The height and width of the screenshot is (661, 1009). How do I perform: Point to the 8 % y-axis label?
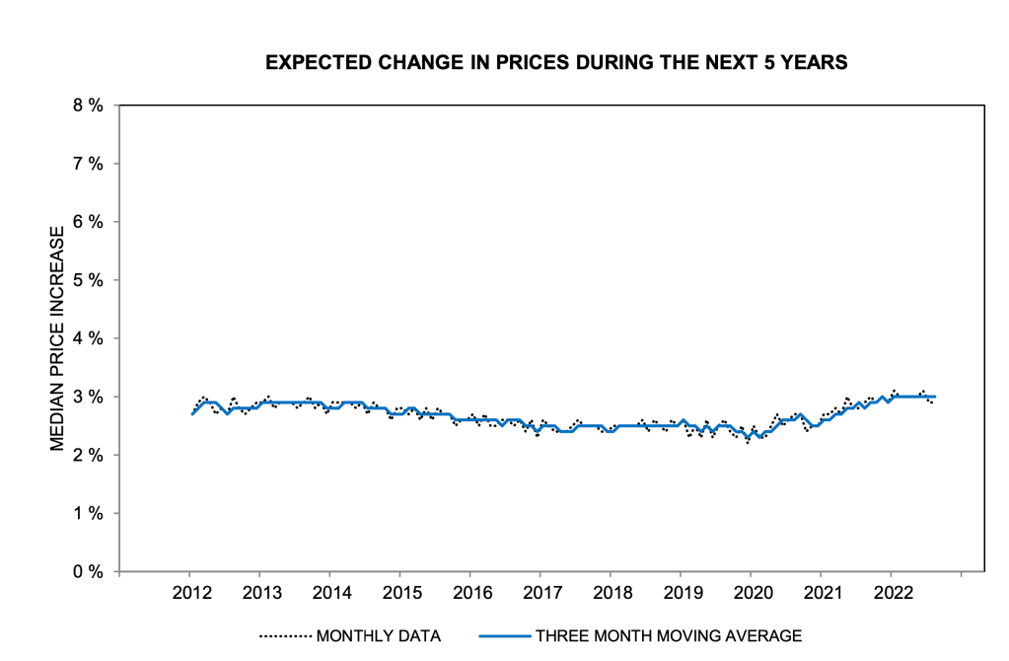(88, 105)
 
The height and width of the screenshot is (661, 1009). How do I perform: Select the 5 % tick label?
(88, 280)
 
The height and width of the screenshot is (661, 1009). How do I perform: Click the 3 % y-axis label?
(88, 397)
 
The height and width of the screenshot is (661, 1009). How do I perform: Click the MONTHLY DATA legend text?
(378, 636)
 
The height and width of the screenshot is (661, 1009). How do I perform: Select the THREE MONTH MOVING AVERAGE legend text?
(669, 636)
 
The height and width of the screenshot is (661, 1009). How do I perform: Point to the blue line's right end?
(935, 397)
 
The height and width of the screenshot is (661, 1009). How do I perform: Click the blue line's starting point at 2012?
(192, 414)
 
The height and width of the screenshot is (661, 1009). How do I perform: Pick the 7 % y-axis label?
(88, 163)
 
